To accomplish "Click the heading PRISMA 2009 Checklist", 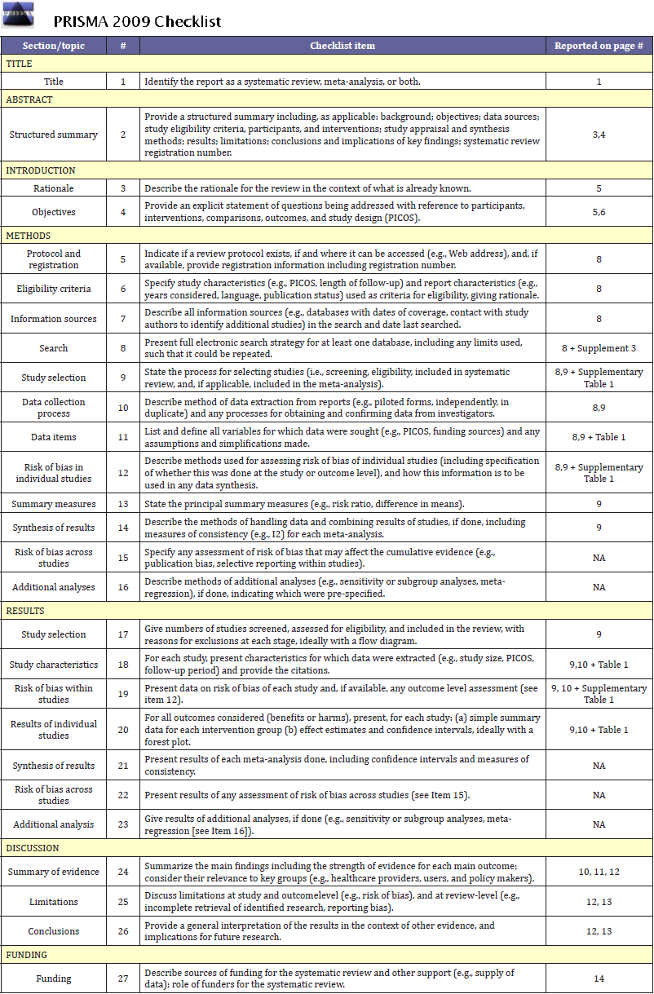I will (x=137, y=21).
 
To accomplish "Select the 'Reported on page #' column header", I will (x=599, y=46).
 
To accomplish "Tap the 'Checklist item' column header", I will (x=342, y=46).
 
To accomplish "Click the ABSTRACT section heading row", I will (x=29, y=99).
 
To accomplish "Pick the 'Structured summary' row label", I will (x=53, y=135).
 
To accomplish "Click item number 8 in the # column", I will (x=123, y=348).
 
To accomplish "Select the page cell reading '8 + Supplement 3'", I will (x=599, y=348).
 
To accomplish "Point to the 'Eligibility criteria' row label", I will (x=53, y=289).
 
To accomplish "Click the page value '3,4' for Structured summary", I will (x=599, y=135).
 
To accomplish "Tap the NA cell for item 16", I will (x=599, y=587).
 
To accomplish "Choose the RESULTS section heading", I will (x=25, y=611).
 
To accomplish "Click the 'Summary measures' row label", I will (x=53, y=504).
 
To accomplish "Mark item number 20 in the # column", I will (x=123, y=730).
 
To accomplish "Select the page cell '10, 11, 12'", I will (x=599, y=872).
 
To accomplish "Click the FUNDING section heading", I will (x=27, y=955).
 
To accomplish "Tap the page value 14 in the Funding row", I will (x=599, y=979).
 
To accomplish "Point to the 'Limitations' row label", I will (x=53, y=902).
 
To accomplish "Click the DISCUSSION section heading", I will (x=32, y=848).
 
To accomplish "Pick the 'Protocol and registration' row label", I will (x=53, y=259).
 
